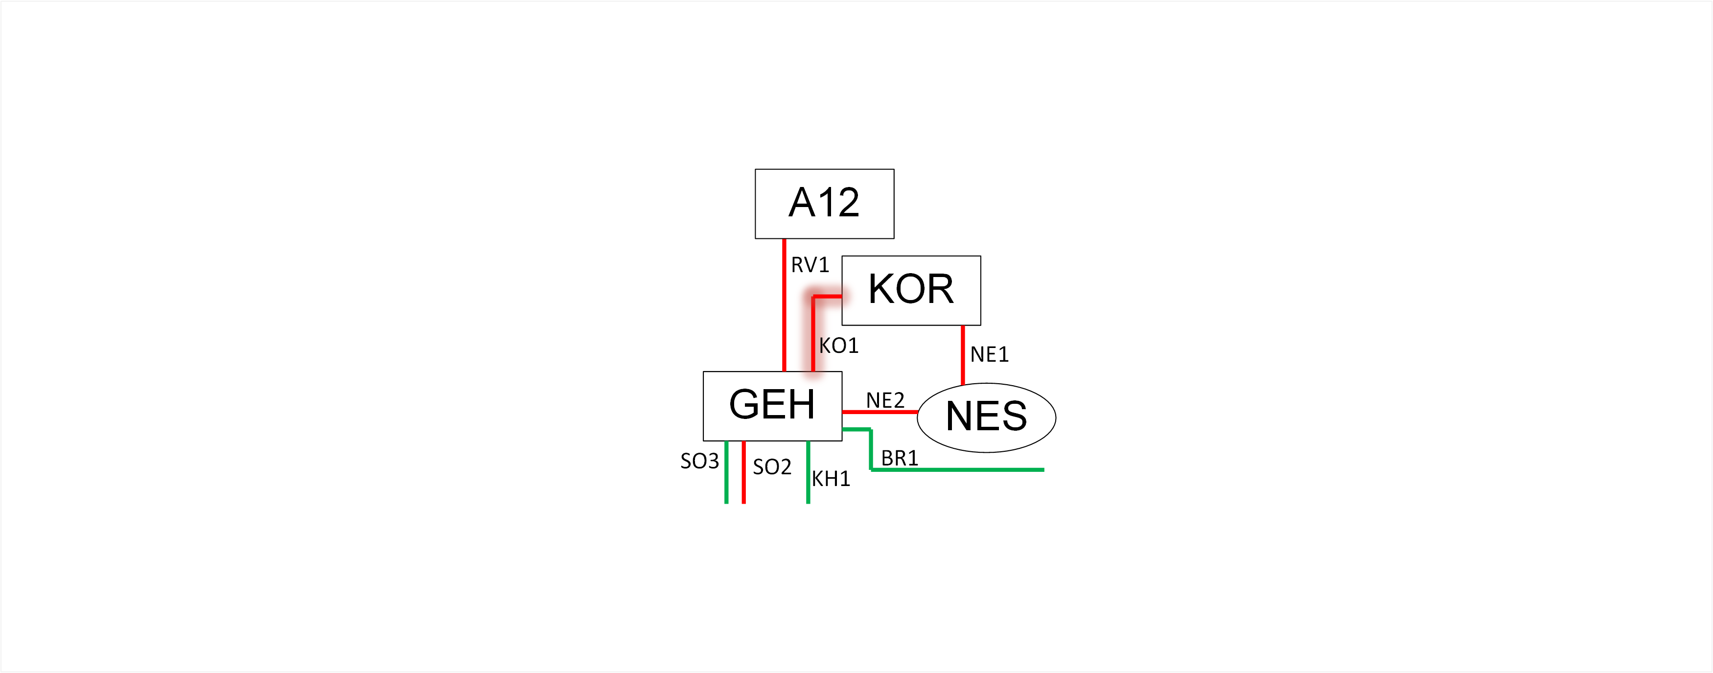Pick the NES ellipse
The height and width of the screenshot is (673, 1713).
click(987, 418)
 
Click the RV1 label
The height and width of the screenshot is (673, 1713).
click(810, 265)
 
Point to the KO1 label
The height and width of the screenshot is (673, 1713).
click(838, 346)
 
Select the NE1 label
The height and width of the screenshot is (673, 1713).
click(990, 354)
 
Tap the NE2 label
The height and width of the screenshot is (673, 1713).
click(885, 400)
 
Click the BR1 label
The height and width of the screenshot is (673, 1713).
click(900, 458)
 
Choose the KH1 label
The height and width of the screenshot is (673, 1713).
click(831, 479)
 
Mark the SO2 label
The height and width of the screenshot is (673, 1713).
click(772, 467)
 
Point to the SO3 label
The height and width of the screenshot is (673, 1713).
click(699, 461)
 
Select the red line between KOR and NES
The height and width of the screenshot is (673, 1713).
click(962, 354)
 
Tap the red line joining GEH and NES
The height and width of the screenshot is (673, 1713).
click(880, 412)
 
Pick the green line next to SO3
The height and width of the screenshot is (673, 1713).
click(726, 472)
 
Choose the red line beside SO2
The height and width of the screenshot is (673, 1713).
click(743, 472)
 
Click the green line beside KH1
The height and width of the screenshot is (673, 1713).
click(808, 472)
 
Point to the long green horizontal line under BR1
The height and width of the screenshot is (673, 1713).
click(958, 469)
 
